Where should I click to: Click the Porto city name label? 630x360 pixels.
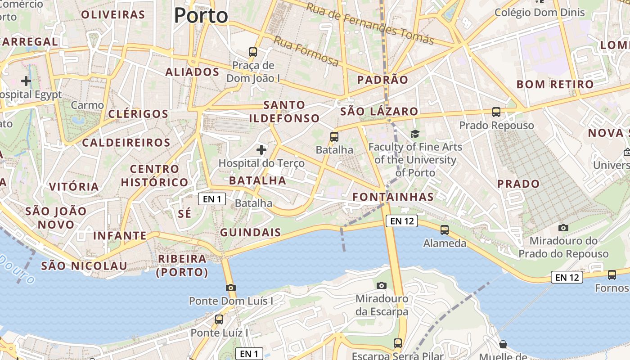(x=201, y=16)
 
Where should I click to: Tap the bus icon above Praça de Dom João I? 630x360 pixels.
(x=253, y=52)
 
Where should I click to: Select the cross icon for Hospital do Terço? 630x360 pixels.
(x=261, y=149)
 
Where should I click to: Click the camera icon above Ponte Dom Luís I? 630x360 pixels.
(x=230, y=288)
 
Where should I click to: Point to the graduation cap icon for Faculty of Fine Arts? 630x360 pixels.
(x=415, y=134)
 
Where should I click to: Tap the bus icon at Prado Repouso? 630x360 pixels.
(x=496, y=112)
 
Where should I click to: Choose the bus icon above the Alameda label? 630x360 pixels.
(x=445, y=230)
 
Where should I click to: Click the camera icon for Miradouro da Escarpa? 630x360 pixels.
(x=382, y=285)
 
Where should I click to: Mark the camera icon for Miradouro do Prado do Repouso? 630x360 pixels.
(x=563, y=228)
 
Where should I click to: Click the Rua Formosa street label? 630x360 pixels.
(x=306, y=51)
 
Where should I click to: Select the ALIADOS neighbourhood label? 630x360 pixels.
(x=192, y=72)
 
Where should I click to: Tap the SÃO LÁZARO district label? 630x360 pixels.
(x=379, y=112)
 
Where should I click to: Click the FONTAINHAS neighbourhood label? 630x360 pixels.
(x=393, y=197)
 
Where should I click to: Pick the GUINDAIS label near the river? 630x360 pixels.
(x=250, y=233)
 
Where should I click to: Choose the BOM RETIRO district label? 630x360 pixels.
(x=555, y=84)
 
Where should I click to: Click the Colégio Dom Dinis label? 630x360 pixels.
(x=540, y=13)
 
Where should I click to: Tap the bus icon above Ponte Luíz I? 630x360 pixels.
(x=219, y=319)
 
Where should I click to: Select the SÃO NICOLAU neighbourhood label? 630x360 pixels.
(x=84, y=266)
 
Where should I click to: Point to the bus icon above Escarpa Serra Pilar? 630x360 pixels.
(x=398, y=343)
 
